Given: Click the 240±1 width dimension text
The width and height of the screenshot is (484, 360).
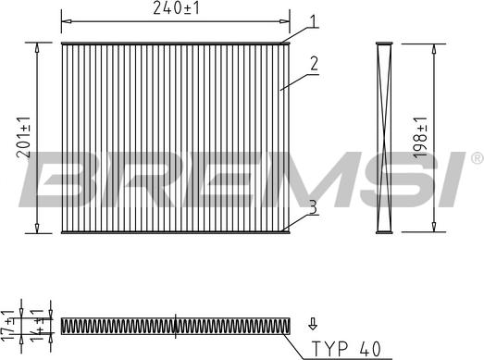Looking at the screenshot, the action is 176,8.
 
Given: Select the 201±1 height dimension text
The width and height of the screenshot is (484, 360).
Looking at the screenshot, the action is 23,137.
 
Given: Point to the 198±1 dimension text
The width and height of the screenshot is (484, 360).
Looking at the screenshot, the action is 420,138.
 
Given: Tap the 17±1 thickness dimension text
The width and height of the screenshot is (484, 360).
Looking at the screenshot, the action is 7,326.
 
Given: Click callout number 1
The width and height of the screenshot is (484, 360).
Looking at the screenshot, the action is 313,21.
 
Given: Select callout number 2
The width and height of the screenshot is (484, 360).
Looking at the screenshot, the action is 314,63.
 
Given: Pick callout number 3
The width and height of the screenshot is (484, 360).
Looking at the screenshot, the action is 313,207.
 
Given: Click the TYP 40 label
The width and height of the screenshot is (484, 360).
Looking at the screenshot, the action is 346,349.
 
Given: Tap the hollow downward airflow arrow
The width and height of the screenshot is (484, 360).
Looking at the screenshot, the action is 313,323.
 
